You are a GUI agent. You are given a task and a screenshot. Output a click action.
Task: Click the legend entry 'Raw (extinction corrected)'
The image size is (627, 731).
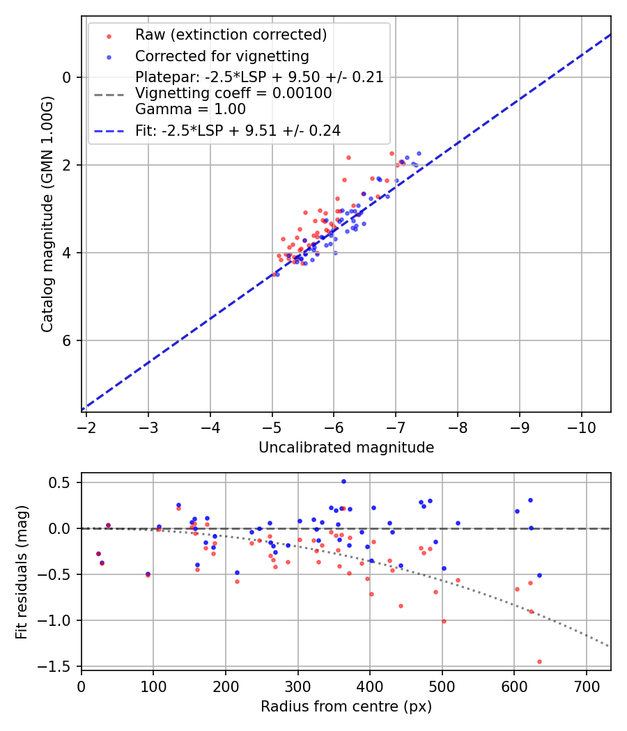(231, 35)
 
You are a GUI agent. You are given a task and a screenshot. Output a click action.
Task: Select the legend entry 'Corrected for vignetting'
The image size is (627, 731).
(222, 56)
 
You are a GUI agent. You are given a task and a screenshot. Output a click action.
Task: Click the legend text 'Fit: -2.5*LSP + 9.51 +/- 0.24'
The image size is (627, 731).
(238, 130)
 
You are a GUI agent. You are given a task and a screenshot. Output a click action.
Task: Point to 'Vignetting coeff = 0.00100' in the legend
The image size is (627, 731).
(233, 93)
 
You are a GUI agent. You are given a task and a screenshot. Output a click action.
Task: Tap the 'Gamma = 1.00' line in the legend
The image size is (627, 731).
(190, 109)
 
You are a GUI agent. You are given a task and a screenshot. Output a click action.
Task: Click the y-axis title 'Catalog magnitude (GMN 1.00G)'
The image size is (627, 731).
(47, 213)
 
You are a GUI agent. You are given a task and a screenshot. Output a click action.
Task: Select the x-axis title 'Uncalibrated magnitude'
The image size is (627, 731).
(346, 448)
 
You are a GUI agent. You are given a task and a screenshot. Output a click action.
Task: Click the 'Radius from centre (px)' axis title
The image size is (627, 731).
(346, 707)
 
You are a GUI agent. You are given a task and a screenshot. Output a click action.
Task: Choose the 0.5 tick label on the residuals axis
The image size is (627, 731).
(64, 482)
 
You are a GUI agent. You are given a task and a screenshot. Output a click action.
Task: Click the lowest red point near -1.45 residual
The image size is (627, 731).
(539, 661)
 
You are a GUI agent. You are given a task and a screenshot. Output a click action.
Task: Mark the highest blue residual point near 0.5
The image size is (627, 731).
(343, 481)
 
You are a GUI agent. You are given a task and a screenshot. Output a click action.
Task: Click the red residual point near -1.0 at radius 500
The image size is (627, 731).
(444, 621)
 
